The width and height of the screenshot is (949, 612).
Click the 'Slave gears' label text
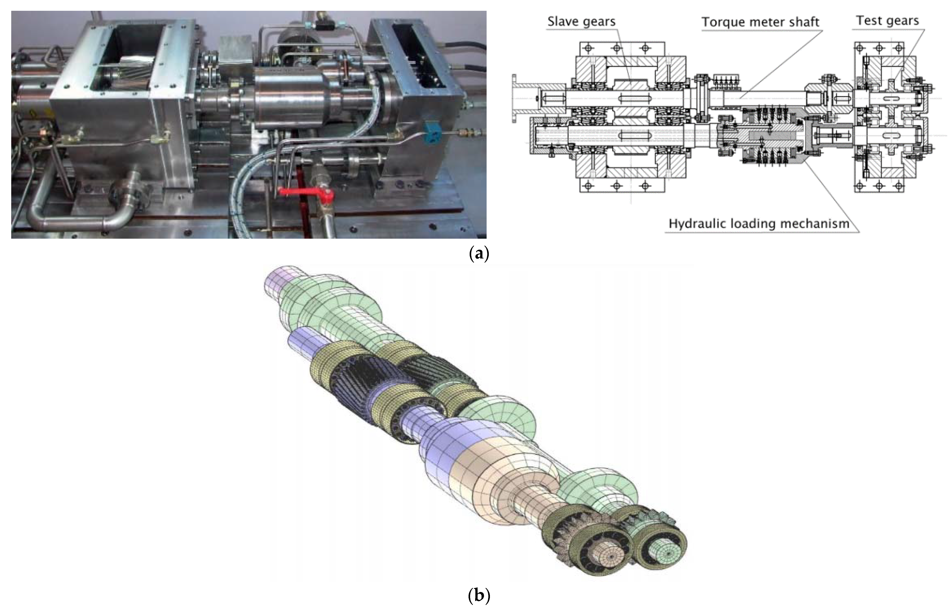tap(581, 22)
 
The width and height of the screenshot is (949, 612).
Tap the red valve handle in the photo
tap(306, 194)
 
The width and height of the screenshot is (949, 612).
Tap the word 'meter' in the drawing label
tap(761, 22)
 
